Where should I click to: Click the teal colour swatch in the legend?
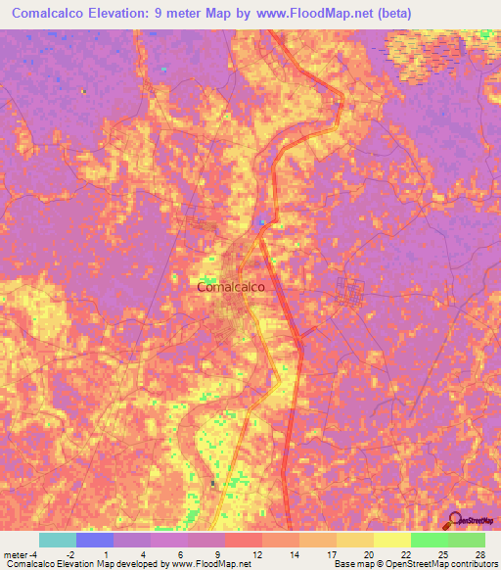tap(57, 540)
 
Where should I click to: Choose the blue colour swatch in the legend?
tap(94, 540)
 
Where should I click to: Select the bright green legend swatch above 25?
tap(430, 540)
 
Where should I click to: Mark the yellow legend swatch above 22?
tap(392, 540)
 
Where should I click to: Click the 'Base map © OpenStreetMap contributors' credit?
tap(413, 564)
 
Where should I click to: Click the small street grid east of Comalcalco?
tap(349, 291)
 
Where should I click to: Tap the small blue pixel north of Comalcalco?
tap(260, 223)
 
